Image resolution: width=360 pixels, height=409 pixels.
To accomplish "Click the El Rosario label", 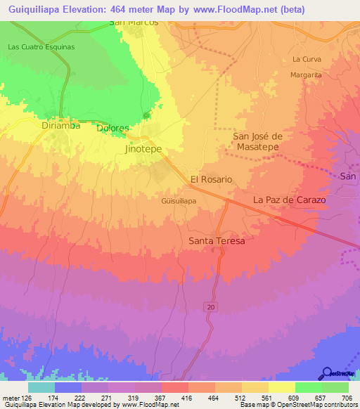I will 211,179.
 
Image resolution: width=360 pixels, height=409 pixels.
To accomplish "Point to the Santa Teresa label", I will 217,241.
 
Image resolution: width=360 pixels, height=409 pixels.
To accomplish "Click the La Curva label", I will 306,59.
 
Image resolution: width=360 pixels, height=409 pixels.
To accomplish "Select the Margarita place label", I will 307,74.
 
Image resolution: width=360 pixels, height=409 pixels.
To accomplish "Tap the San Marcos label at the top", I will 134,22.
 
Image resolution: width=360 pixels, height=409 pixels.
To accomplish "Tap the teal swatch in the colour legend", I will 41,387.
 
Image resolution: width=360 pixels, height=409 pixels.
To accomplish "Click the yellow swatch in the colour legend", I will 282,387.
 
